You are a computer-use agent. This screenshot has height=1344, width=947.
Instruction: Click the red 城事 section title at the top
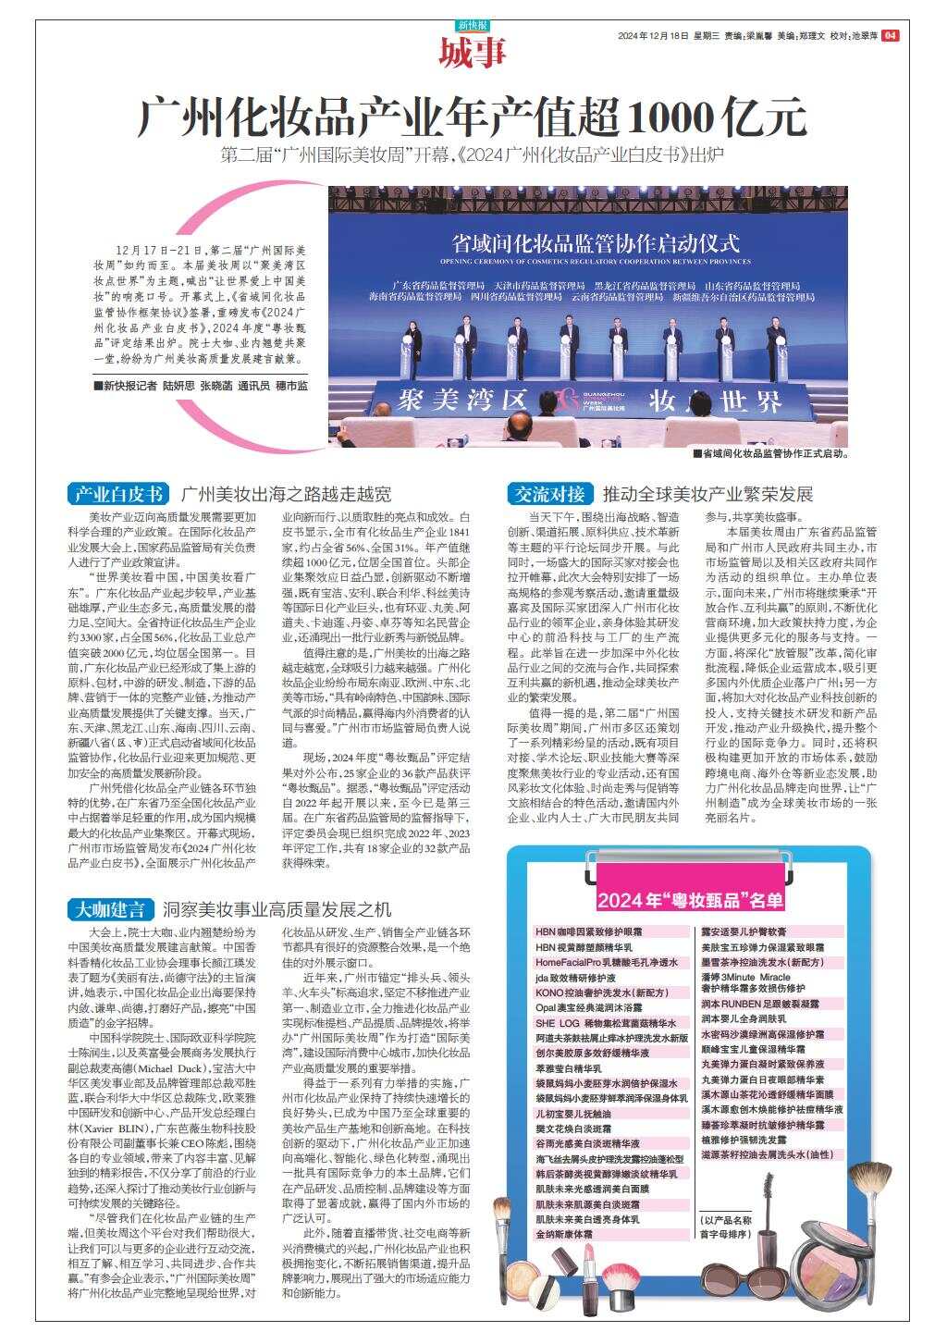(473, 52)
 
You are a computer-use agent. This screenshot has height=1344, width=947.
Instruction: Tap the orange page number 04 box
(890, 36)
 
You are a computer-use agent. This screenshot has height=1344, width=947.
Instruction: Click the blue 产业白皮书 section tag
(118, 493)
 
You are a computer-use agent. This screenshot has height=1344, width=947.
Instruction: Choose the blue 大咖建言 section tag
(110, 908)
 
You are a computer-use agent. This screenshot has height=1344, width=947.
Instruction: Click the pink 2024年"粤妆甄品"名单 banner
(690, 900)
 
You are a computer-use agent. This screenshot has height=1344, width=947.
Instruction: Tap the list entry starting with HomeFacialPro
(607, 963)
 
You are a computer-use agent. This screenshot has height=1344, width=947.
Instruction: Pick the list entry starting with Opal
(588, 1006)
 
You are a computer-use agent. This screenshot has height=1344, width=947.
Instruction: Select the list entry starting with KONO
(588, 993)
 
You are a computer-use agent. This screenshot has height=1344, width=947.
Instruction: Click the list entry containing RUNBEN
(760, 1003)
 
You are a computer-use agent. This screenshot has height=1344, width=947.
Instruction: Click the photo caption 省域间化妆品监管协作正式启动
(773, 454)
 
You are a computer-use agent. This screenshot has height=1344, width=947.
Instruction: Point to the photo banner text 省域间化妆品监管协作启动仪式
(596, 243)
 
